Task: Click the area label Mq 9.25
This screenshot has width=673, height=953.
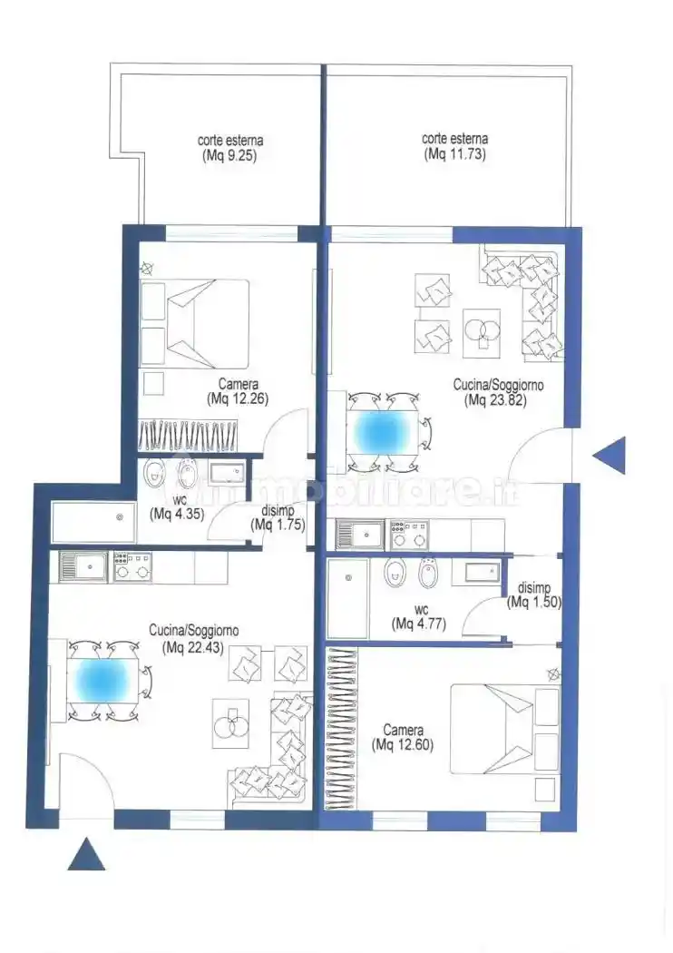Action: pyautogui.click(x=230, y=155)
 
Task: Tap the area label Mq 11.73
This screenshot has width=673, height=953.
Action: pyautogui.click(x=454, y=155)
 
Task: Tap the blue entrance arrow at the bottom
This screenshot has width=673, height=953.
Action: pyautogui.click(x=86, y=855)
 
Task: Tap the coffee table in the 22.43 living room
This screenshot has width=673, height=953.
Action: pyautogui.click(x=230, y=723)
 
